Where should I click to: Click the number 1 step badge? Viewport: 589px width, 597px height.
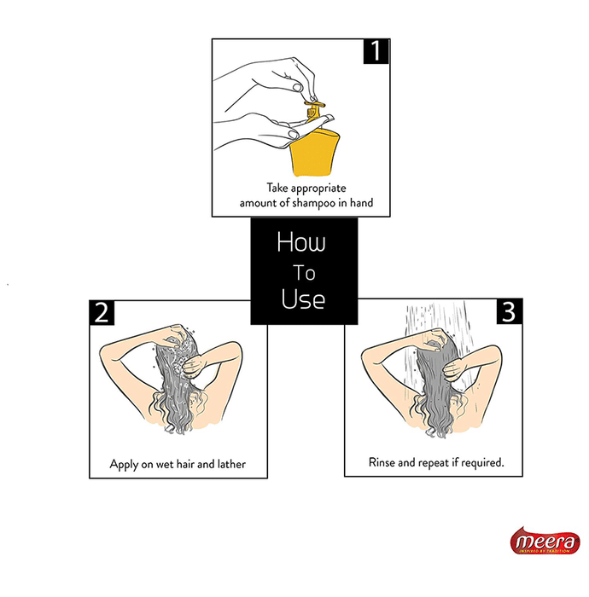coord(376,51)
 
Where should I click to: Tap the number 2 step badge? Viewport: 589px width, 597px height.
coord(102,313)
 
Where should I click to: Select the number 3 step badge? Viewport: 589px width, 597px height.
coord(510,312)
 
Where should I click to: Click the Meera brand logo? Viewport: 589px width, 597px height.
coord(545,541)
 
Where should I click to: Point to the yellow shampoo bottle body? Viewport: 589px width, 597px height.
coord(314,153)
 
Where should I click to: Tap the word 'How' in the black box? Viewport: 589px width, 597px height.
coord(301,242)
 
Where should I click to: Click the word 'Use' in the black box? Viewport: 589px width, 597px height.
coord(303,298)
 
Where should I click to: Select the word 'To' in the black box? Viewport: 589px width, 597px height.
coord(304,273)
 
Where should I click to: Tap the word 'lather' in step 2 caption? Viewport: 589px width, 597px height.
coord(231,464)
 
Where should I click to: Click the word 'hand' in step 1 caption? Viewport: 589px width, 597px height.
coord(361,203)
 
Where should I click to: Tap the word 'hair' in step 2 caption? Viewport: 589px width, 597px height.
coord(185,464)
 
